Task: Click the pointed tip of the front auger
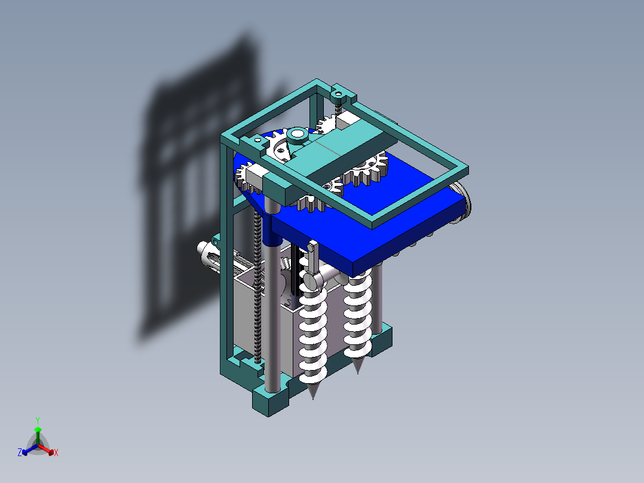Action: tap(313, 395)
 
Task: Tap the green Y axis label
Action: tap(37, 420)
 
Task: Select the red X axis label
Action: tap(56, 453)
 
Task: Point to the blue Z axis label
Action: tap(20, 453)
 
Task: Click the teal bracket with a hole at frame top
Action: tap(342, 92)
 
